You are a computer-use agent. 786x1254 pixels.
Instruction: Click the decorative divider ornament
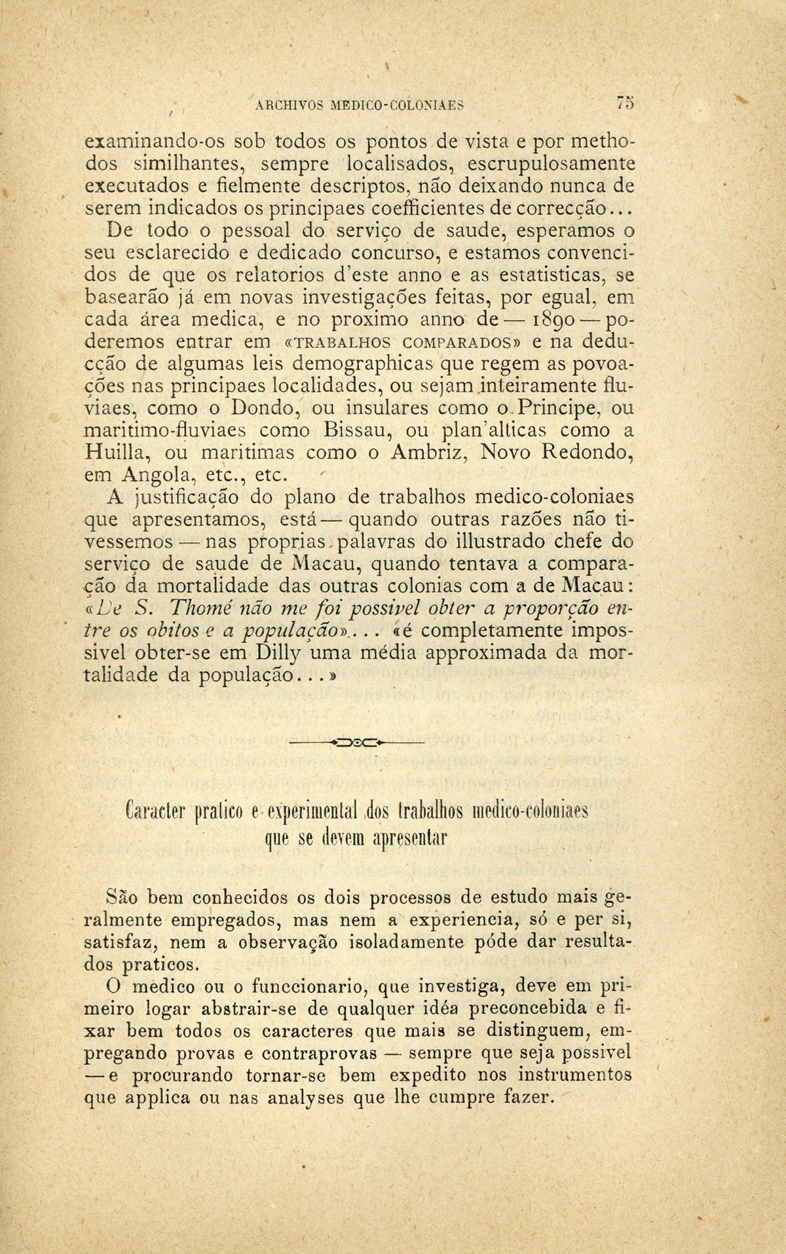[357, 743]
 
